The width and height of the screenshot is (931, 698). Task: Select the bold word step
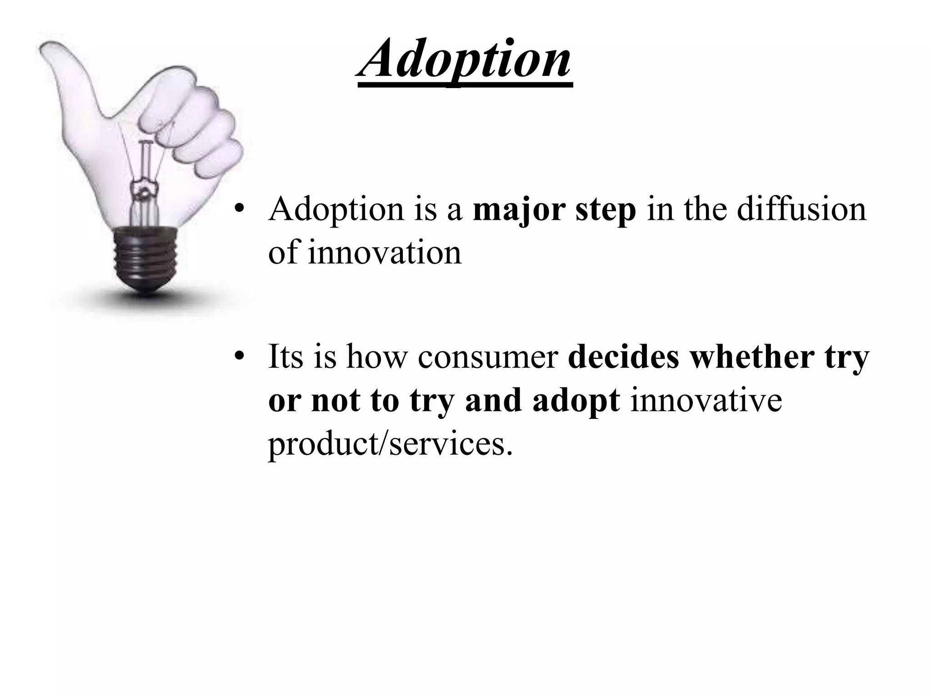606,211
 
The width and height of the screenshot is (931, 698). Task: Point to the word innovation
384,253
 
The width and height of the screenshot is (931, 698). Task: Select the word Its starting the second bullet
285,356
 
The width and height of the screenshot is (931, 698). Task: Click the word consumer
488,357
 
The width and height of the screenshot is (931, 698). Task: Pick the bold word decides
623,356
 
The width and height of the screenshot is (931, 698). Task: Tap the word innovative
706,400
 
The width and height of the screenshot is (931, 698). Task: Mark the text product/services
390,444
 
